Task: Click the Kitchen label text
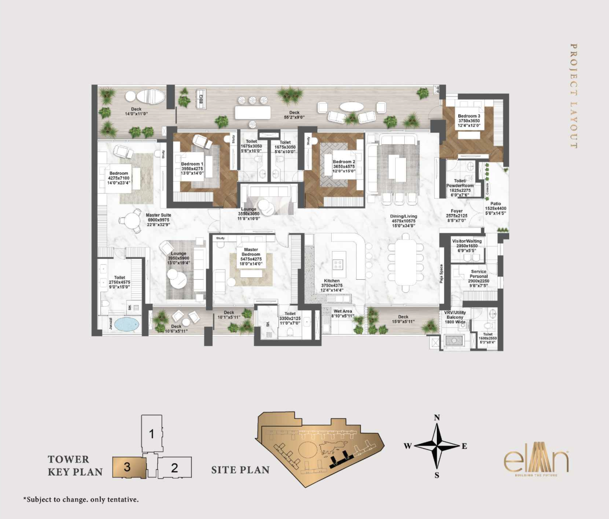(x=332, y=281)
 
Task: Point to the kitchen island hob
(x=338, y=264)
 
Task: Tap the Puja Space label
(x=441, y=274)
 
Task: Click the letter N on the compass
(x=437, y=417)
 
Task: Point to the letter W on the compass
(x=407, y=446)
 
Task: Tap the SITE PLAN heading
(x=240, y=470)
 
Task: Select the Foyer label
(x=457, y=211)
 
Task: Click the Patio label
(x=496, y=203)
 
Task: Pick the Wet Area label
(x=343, y=311)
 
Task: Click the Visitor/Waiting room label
(x=467, y=241)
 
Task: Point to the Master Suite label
(x=158, y=215)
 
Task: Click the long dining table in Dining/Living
(x=406, y=263)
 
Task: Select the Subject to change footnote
(x=81, y=499)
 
